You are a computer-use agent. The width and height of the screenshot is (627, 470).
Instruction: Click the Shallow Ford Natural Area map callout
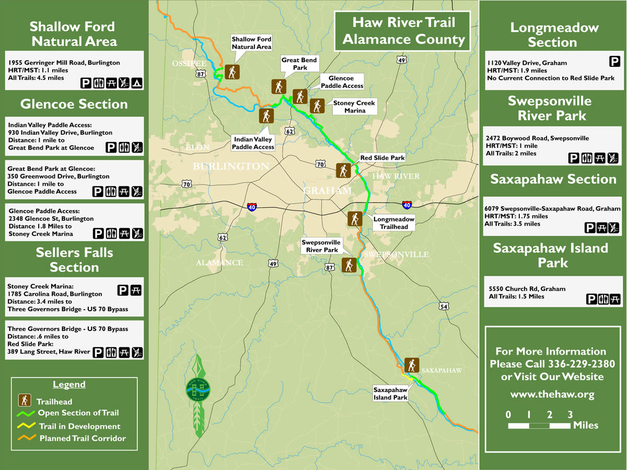[x=251, y=43]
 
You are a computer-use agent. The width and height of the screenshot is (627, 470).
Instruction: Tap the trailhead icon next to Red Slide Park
[x=343, y=170]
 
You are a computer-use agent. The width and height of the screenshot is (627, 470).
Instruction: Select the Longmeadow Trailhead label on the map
[x=393, y=223]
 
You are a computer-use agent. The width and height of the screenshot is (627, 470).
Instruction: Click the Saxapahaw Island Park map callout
[x=390, y=393]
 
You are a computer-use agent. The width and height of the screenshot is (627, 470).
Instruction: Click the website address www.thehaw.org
[x=552, y=394]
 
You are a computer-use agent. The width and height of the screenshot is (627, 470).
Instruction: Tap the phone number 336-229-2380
[x=581, y=364]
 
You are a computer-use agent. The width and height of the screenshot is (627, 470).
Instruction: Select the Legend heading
[x=69, y=385]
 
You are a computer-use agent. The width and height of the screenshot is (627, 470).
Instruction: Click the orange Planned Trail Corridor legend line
[x=26, y=438]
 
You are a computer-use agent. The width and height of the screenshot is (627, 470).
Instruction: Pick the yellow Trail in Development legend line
[x=26, y=426]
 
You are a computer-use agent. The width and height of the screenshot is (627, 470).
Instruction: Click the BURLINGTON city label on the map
[x=231, y=167]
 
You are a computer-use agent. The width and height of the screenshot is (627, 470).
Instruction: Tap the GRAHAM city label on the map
[x=328, y=191]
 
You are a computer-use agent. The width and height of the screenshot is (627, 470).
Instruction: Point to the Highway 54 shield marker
[x=444, y=306]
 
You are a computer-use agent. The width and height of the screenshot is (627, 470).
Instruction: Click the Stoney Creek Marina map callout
[x=354, y=107]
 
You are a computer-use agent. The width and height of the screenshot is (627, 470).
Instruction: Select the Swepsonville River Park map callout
[x=321, y=246]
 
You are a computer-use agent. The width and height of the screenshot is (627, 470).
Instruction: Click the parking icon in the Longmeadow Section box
[x=614, y=62]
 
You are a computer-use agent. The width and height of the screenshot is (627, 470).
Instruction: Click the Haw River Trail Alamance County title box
[x=403, y=31]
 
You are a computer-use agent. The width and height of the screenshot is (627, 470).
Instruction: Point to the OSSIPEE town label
[x=189, y=64]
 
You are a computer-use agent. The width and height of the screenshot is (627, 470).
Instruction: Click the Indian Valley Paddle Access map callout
[x=253, y=143]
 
